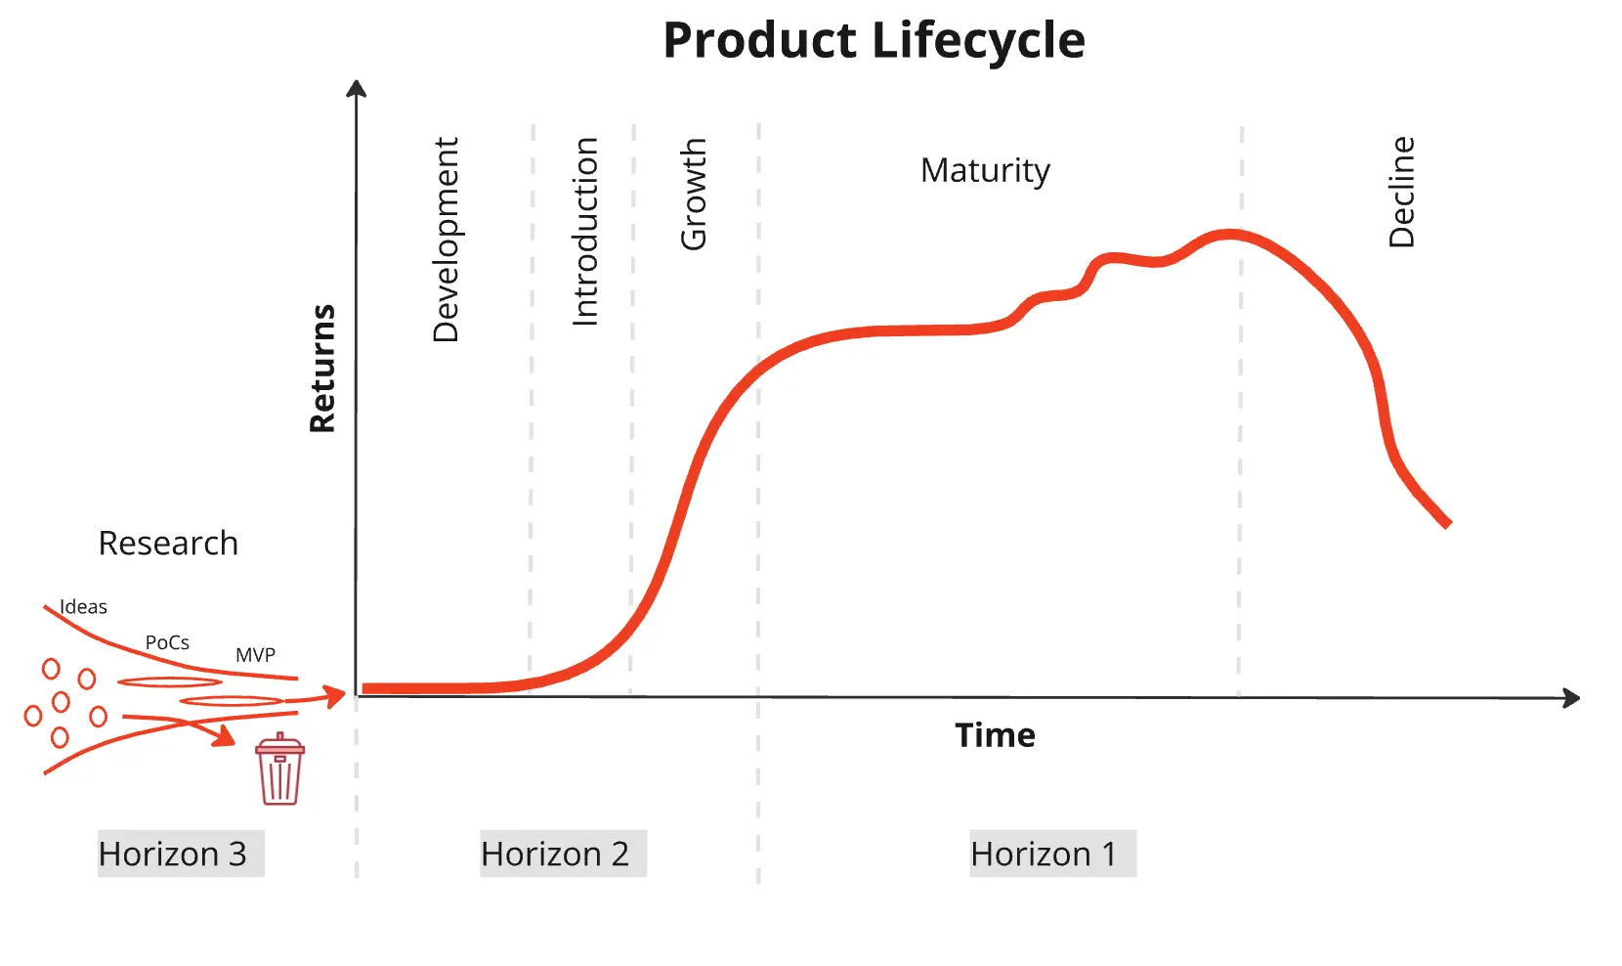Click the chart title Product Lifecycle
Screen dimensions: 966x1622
point(874,41)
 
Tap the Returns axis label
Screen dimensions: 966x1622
point(322,369)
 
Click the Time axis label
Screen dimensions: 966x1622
point(995,735)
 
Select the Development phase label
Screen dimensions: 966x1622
point(446,240)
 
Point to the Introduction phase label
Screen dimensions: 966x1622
point(584,232)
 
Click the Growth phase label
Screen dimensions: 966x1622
point(693,194)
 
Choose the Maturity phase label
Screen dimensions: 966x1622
point(985,170)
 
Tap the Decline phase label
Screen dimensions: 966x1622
point(1401,192)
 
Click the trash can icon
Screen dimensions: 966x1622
point(279,769)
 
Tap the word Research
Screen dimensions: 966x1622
point(168,543)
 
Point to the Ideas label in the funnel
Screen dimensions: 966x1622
point(83,607)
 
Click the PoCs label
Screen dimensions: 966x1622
point(167,642)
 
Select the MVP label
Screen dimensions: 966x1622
point(255,655)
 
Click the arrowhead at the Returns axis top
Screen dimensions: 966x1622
point(357,88)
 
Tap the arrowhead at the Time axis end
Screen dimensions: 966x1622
point(1572,698)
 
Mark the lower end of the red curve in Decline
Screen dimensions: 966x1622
point(1447,523)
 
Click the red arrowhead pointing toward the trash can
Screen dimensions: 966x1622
point(226,736)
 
